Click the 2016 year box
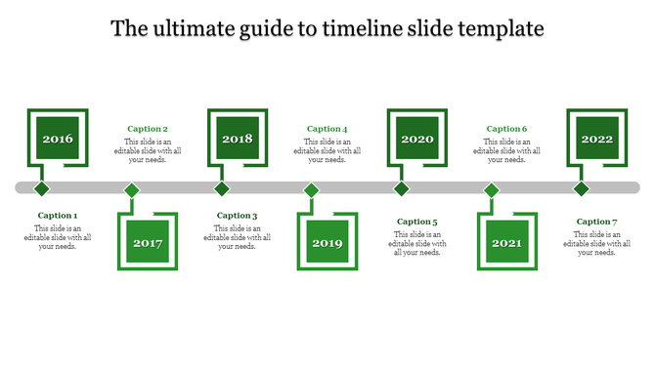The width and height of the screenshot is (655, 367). tap(58, 139)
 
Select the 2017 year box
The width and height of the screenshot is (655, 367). tap(148, 243)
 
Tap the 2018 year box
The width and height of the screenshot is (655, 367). tap(238, 139)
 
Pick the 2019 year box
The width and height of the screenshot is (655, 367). tap(327, 243)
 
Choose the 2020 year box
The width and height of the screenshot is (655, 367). tap(417, 139)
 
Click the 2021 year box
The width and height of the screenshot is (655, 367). tap(507, 243)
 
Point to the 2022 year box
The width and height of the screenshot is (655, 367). tap(597, 139)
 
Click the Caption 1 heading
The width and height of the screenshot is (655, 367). tap(58, 216)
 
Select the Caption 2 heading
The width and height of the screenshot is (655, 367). tap(148, 129)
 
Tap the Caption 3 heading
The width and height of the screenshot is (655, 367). tap(238, 216)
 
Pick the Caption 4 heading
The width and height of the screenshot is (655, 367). tap(327, 129)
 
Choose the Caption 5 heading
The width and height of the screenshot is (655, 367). tap(417, 222)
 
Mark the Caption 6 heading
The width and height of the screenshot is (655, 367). tap(507, 129)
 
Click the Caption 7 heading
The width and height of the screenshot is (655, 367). tap(597, 222)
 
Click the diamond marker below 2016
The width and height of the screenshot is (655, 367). tap(42, 188)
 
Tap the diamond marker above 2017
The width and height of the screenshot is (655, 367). tap(132, 189)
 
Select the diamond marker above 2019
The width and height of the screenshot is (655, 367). tap(312, 189)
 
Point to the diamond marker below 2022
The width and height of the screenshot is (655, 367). tap(582, 188)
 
